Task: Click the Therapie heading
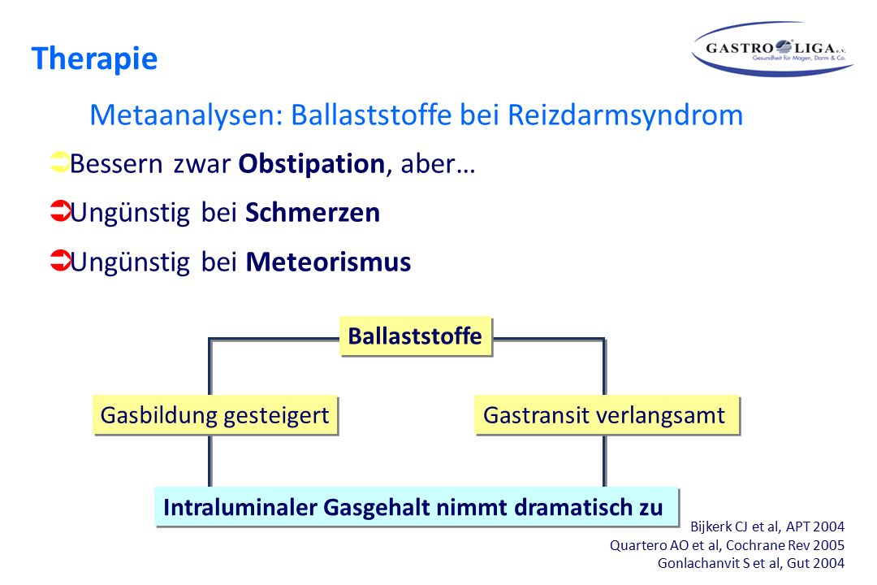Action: [x=94, y=58]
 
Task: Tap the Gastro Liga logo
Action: [x=772, y=49]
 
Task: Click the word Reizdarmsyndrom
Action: [x=625, y=115]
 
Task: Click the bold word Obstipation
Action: [x=312, y=164]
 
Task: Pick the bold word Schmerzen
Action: [x=313, y=213]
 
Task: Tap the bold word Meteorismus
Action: [x=328, y=262]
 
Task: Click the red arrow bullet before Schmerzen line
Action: [x=60, y=211]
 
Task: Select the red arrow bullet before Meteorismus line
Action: [x=60, y=260]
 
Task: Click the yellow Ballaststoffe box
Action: [x=416, y=336]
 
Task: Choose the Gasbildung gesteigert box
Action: [x=215, y=415]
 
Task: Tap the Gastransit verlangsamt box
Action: [x=607, y=415]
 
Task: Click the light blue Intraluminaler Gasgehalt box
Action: [x=417, y=507]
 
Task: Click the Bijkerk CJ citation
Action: [x=767, y=526]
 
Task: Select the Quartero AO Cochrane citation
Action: [x=727, y=545]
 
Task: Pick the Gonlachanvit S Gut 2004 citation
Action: [x=751, y=563]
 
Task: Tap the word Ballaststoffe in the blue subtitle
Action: [x=371, y=115]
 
